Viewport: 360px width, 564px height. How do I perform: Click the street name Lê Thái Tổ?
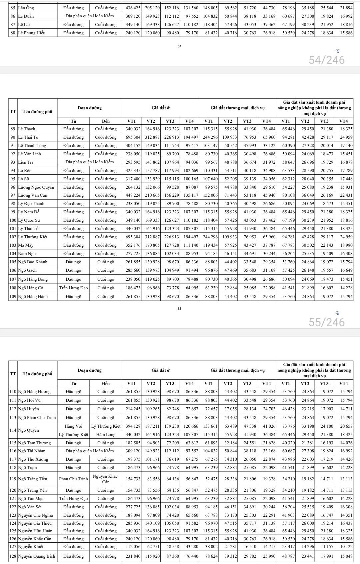[x=28, y=137]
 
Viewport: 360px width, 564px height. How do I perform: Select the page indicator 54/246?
[x=327, y=60]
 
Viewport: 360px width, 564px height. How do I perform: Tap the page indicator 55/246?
[x=327, y=322]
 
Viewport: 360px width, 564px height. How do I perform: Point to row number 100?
[x=13, y=220]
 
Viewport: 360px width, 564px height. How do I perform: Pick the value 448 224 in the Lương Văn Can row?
[x=133, y=195]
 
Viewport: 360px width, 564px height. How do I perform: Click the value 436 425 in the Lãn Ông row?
[x=133, y=8]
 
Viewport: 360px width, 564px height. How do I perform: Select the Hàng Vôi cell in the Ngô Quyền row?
[x=73, y=426]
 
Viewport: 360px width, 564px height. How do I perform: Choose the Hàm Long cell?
[x=106, y=435]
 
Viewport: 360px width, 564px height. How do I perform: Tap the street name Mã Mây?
[x=26, y=245]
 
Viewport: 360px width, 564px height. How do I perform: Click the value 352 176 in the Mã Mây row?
[x=133, y=245]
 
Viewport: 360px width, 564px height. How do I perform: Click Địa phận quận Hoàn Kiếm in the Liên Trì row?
[x=90, y=162]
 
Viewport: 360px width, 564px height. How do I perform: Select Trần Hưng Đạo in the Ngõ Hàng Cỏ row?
[x=73, y=288]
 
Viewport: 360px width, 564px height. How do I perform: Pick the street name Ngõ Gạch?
[x=27, y=270]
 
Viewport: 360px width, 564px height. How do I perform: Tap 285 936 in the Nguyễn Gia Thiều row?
[x=133, y=523]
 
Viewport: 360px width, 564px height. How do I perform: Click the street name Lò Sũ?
[x=24, y=179]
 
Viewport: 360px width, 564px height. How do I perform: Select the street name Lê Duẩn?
[x=26, y=16]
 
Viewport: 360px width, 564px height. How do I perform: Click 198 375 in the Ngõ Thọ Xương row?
[x=133, y=459]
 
